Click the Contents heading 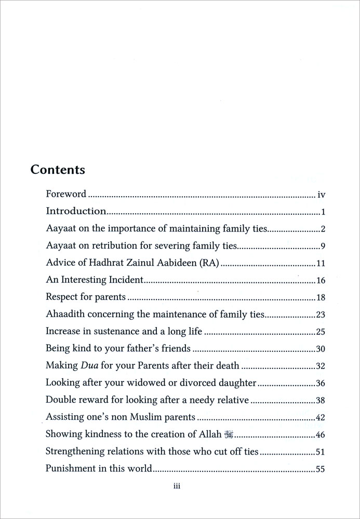58,169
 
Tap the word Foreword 66,195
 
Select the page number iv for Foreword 321,195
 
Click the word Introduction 76,211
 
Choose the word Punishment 70,469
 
